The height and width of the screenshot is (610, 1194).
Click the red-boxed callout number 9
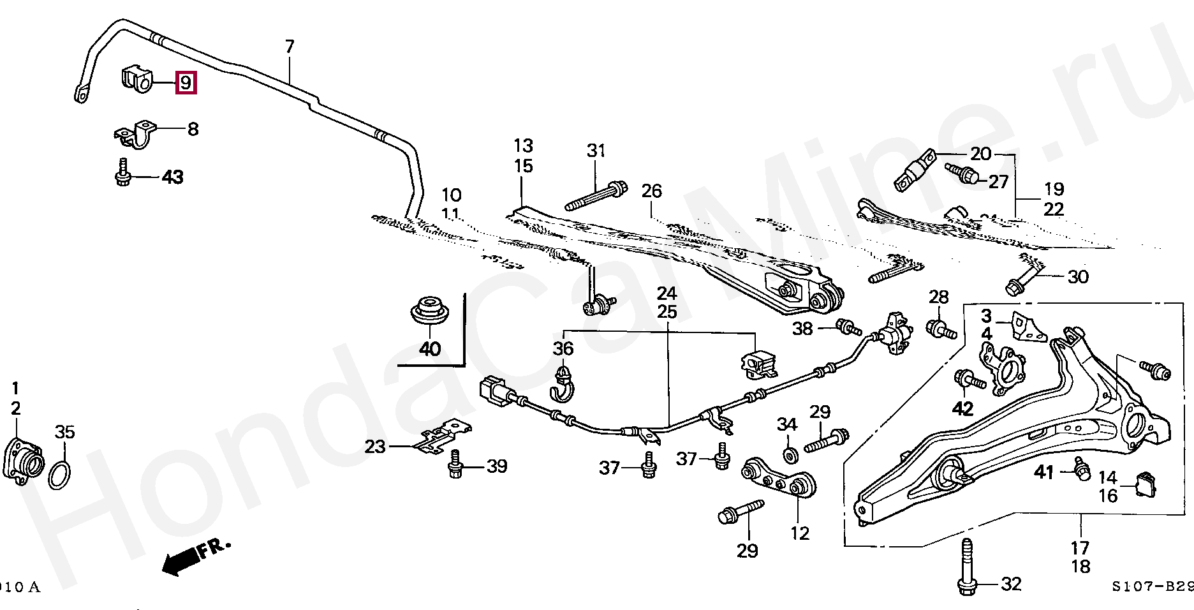[186, 83]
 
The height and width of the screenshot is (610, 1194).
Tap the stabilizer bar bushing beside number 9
[137, 78]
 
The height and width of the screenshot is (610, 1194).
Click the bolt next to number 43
[122, 174]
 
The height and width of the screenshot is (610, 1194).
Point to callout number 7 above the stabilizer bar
[290, 47]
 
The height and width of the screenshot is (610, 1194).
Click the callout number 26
[652, 191]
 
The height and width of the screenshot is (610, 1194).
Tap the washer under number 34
[790, 455]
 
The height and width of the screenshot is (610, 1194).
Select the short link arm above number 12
[779, 477]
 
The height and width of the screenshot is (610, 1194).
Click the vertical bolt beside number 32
[966, 568]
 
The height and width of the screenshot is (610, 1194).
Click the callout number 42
[962, 408]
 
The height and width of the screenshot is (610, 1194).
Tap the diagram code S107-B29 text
[1151, 586]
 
